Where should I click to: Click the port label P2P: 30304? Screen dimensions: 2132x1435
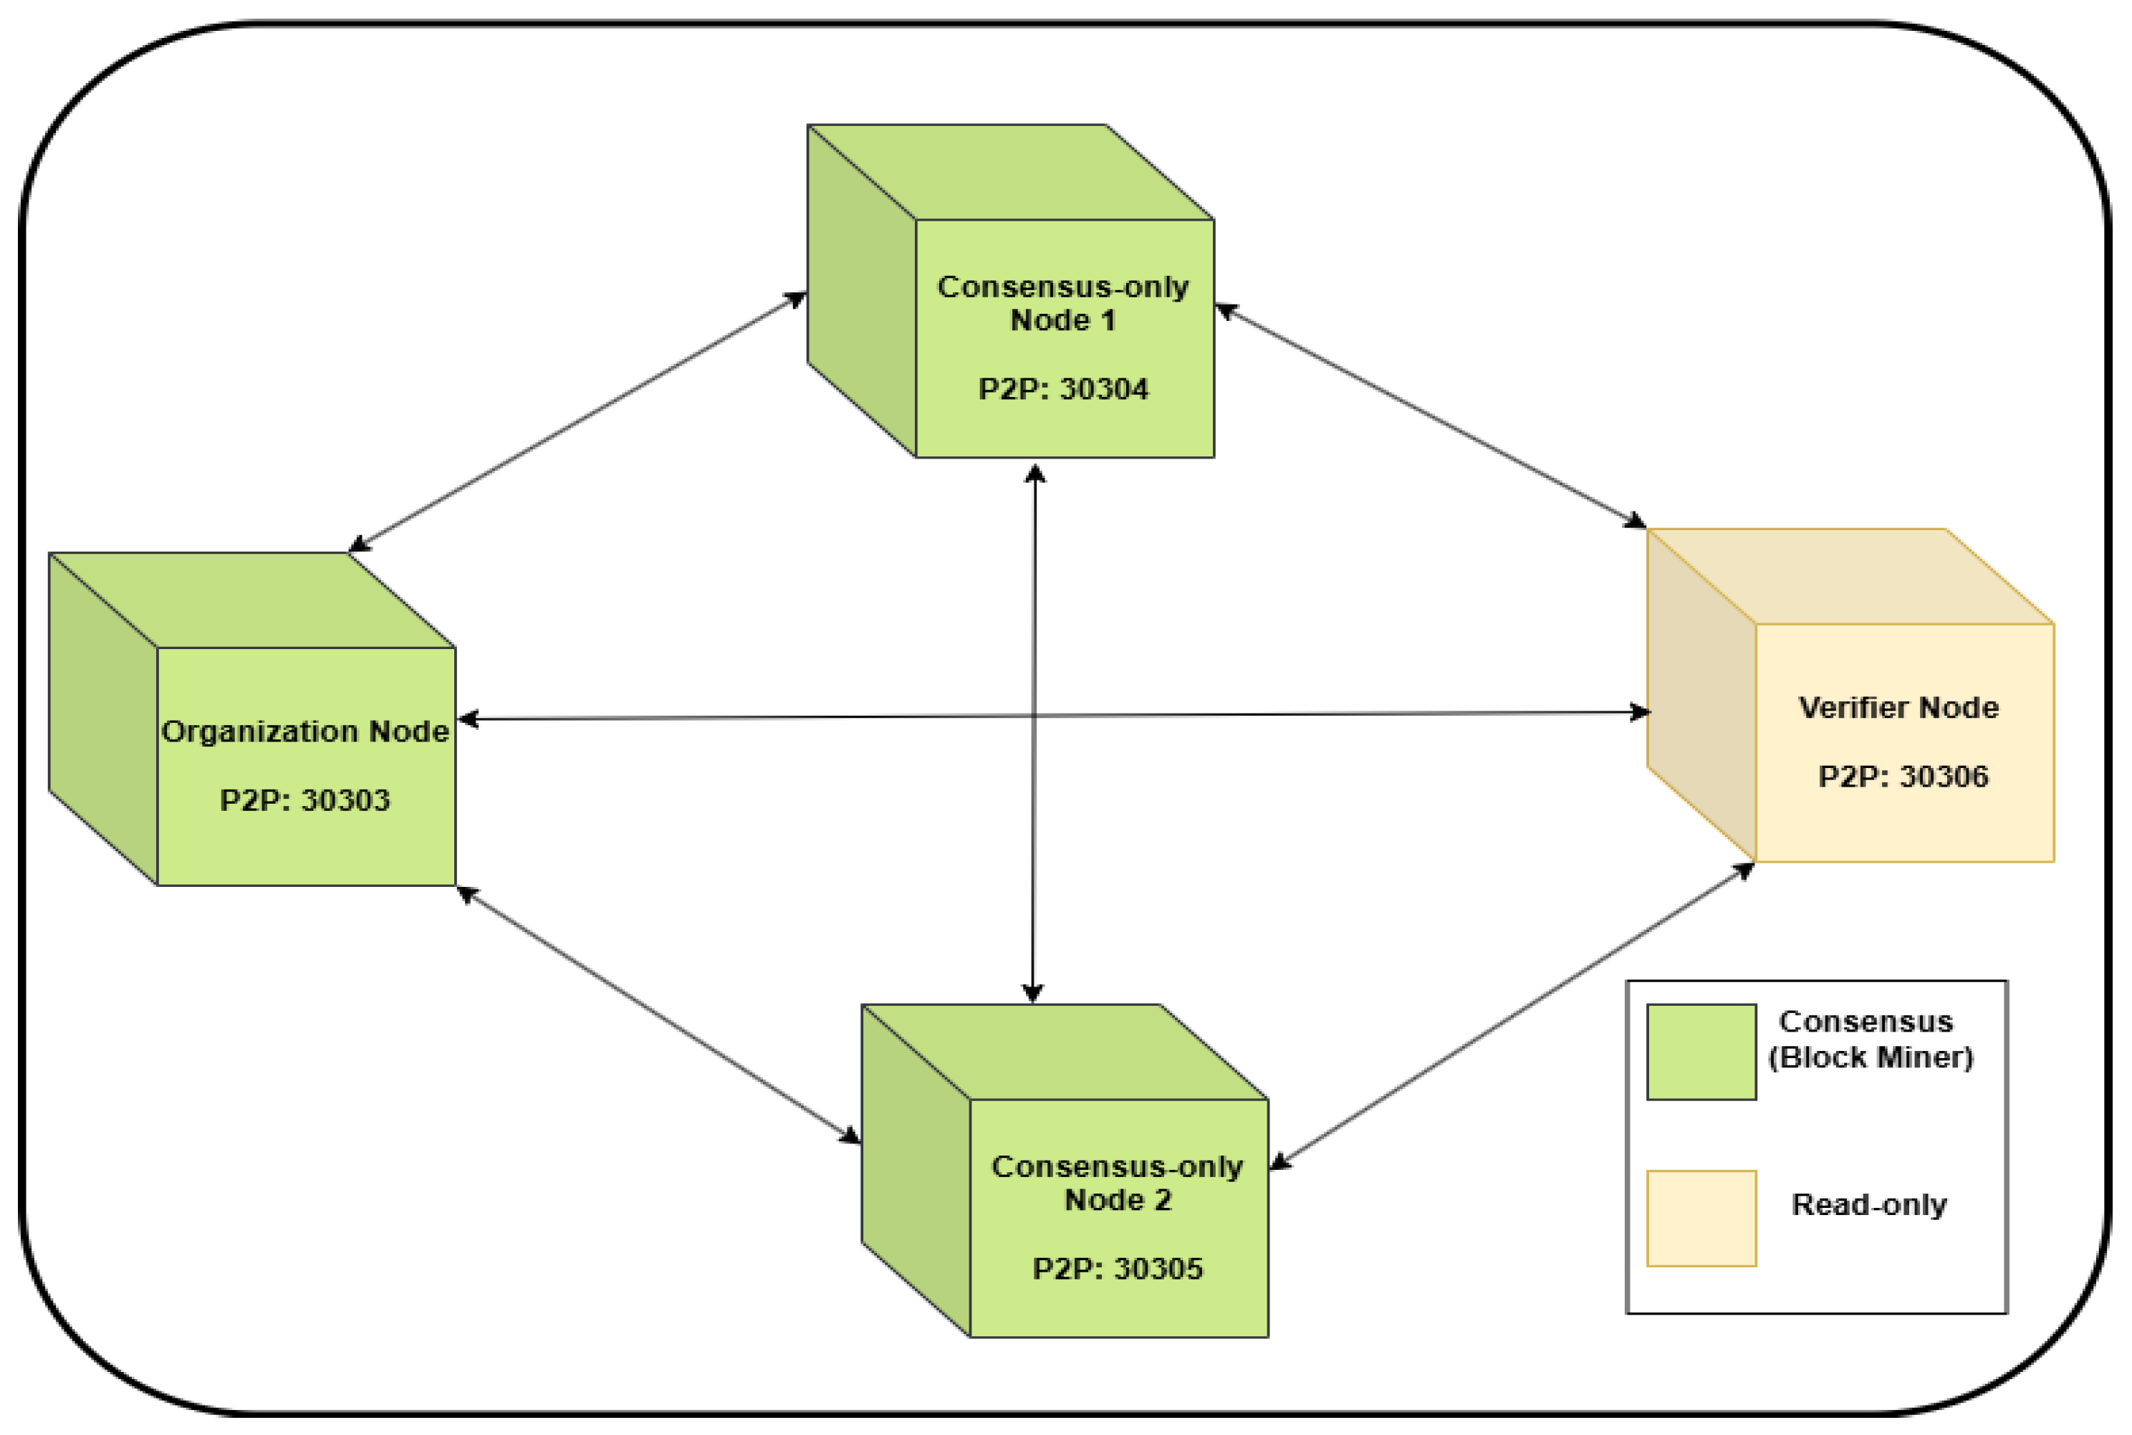point(1063,390)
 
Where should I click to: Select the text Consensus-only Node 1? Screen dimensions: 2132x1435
point(1063,304)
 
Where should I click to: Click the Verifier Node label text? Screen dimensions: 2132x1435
point(1898,707)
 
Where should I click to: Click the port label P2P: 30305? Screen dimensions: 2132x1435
point(1118,1270)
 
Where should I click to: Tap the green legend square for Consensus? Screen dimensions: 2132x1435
point(1701,1052)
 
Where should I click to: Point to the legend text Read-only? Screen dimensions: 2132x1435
point(1868,1205)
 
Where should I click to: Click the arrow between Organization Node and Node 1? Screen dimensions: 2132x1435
point(577,422)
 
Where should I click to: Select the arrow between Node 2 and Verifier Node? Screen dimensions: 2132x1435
point(1509,1017)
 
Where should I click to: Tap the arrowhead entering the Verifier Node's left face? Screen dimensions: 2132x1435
point(1640,712)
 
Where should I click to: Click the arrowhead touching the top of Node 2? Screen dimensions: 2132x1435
point(1033,994)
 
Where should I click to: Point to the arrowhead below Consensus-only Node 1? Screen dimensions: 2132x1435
point(1035,474)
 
